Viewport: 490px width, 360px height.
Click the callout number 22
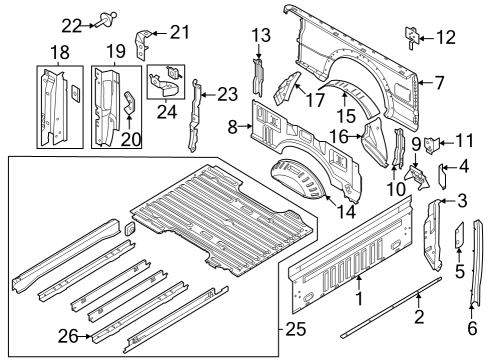click(x=72, y=25)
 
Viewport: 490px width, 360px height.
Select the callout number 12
click(x=445, y=38)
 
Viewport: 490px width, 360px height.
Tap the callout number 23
click(x=228, y=94)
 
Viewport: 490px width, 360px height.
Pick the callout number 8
click(x=234, y=127)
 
